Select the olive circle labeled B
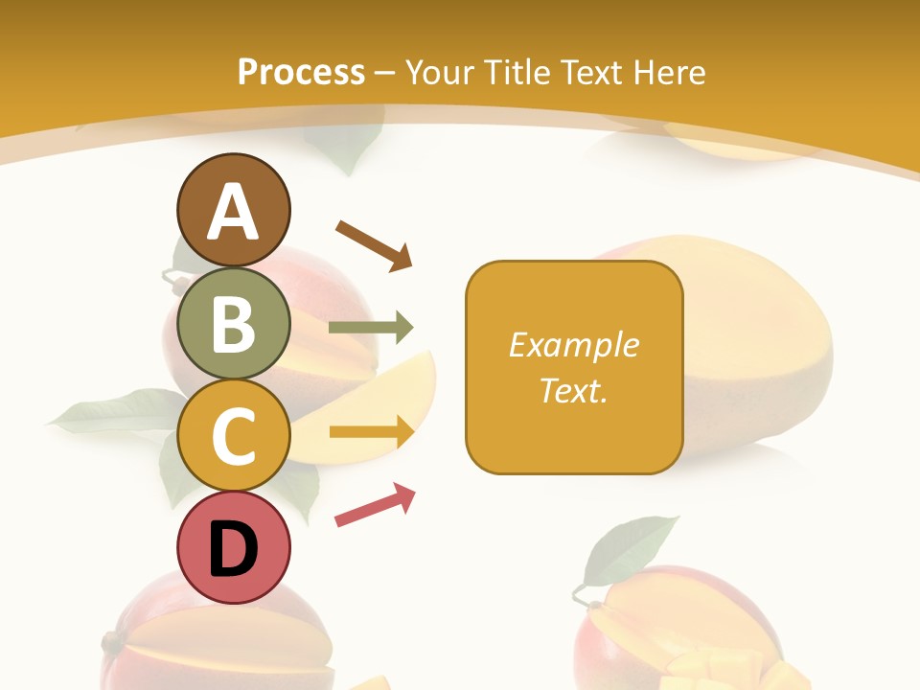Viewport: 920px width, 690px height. pos(233,323)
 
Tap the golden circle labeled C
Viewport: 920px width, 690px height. pos(233,435)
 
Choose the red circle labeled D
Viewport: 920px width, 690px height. pos(233,548)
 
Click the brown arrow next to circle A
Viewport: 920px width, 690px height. pos(374,244)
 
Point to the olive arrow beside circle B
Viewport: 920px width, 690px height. pos(371,328)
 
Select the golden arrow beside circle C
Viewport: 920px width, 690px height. pos(371,432)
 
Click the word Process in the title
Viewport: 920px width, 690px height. pos(301,72)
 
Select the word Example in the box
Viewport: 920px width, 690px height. pos(574,345)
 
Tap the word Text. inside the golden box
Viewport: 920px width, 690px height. pos(574,391)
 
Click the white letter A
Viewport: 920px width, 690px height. pos(233,212)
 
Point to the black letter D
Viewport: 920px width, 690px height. pos(233,550)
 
